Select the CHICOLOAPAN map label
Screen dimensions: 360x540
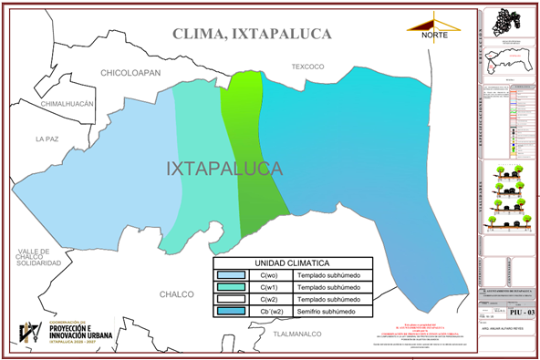click(x=130, y=71)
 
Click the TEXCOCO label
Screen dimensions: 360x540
click(x=307, y=67)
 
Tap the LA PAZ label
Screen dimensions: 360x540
click(x=46, y=139)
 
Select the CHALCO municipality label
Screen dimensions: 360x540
click(x=177, y=294)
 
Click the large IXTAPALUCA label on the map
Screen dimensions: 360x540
click(x=224, y=170)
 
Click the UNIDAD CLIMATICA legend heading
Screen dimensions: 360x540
click(x=292, y=262)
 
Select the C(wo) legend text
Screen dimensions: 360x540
click(x=269, y=274)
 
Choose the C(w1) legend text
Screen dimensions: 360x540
click(x=269, y=286)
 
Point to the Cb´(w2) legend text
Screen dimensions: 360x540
click(x=269, y=312)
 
